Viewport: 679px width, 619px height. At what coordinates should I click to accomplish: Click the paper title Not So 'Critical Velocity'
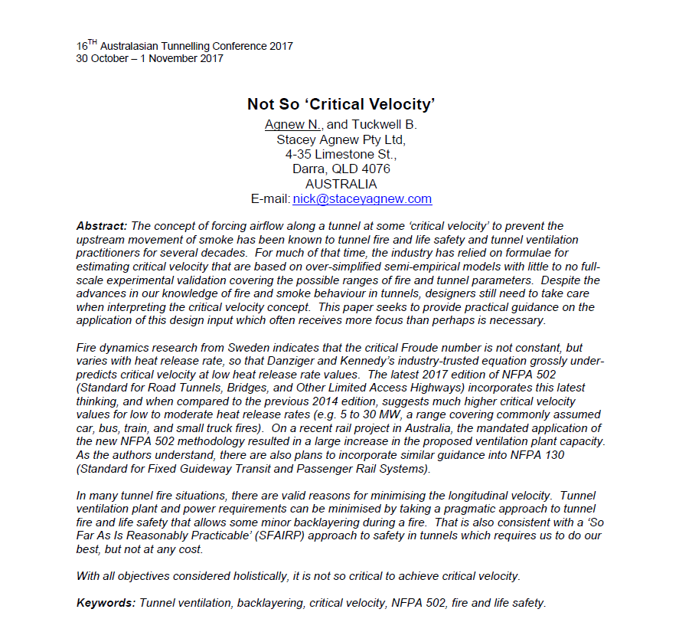[x=341, y=104]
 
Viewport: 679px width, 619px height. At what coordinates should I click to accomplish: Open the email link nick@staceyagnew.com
[x=362, y=198]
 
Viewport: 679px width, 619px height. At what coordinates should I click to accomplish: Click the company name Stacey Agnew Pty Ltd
[x=341, y=139]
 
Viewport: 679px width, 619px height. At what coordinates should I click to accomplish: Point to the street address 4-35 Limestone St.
[x=341, y=154]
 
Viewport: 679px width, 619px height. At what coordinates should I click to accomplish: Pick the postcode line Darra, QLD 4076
[x=341, y=169]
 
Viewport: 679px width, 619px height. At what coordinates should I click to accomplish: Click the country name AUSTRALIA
[x=341, y=184]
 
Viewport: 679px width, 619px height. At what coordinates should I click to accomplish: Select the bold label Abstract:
[x=103, y=226]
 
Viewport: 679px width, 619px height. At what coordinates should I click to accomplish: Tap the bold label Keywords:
[x=106, y=603]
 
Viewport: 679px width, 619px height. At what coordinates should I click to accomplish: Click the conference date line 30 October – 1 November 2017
[x=150, y=59]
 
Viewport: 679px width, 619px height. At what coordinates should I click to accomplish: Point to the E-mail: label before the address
[x=270, y=198]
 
